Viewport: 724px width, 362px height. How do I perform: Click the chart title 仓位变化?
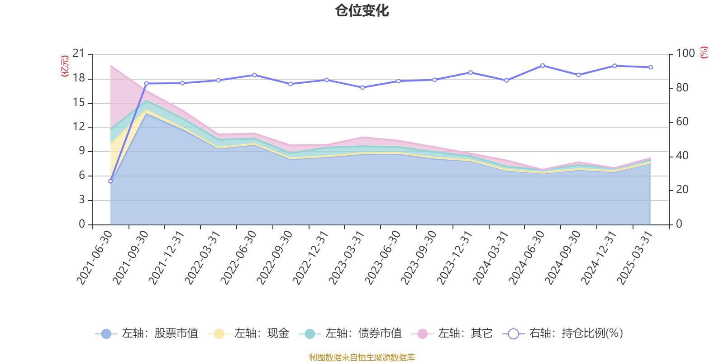point(362,10)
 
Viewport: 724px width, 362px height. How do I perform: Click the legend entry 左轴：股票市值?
point(147,333)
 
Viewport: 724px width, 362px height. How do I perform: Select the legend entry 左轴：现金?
point(248,333)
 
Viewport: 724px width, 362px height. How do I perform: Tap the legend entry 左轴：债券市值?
point(350,333)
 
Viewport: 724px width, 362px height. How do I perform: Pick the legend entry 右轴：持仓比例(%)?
point(563,333)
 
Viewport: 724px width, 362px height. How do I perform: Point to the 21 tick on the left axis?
point(79,54)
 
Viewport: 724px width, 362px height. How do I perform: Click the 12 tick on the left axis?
point(79,127)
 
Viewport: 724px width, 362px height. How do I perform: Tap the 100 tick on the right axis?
point(685,53)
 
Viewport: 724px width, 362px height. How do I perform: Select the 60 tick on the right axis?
point(682,122)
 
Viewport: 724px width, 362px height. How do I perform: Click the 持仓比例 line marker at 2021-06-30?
point(110,181)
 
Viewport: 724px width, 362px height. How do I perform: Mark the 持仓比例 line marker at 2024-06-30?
point(543,66)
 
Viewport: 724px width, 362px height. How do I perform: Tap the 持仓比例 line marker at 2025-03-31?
point(651,67)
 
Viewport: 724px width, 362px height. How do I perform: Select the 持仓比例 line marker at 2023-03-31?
point(362,87)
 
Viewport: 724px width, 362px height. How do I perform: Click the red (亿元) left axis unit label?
point(65,66)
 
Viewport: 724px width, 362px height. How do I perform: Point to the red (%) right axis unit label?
point(704,52)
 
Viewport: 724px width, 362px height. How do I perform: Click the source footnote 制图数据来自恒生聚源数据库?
point(362,357)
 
